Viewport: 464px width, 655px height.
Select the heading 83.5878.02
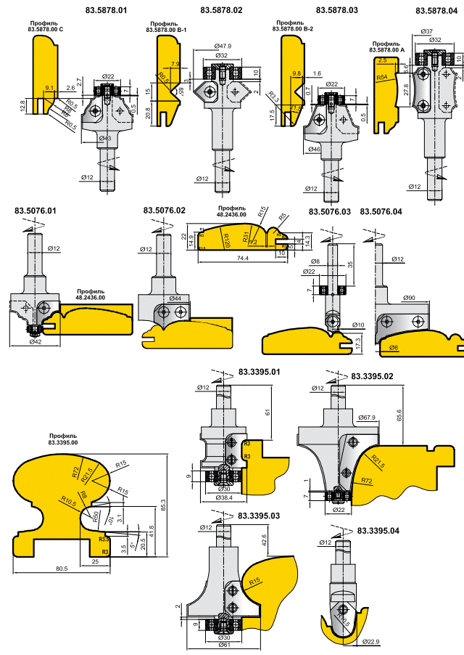click(x=221, y=11)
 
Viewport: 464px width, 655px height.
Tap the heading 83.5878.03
click(x=337, y=11)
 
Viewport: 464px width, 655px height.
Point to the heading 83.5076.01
click(x=35, y=211)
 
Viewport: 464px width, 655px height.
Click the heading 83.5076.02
click(x=165, y=211)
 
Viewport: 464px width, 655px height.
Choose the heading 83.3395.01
click(x=260, y=373)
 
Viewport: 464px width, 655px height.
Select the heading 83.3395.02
click(x=373, y=376)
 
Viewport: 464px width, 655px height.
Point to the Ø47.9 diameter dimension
click(x=223, y=46)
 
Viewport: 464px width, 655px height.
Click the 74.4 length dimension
click(x=232, y=258)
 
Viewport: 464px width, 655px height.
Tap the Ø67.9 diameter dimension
click(x=369, y=417)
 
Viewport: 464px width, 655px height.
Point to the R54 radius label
click(x=382, y=76)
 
